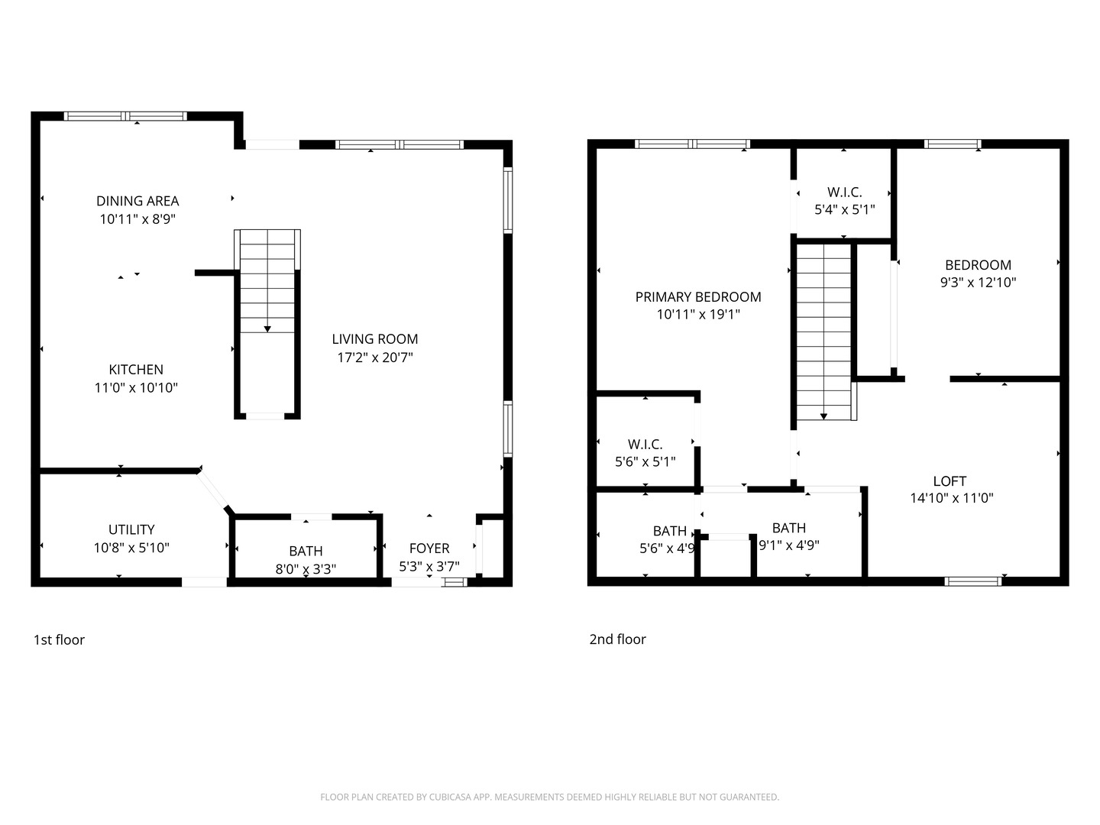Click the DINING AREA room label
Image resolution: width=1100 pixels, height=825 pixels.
click(x=137, y=201)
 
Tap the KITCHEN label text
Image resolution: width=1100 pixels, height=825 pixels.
click(x=136, y=370)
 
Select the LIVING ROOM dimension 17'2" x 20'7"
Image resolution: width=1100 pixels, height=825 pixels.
click(x=375, y=357)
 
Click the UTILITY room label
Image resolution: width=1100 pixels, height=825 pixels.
click(x=131, y=529)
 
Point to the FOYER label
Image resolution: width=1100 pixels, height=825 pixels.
click(x=429, y=548)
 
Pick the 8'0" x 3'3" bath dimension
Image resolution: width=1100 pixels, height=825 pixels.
click(x=306, y=568)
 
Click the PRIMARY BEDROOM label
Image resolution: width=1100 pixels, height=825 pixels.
click(x=698, y=297)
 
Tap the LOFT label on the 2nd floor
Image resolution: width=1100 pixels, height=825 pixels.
click(x=950, y=481)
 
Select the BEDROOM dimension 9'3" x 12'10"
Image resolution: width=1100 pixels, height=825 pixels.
click(x=978, y=282)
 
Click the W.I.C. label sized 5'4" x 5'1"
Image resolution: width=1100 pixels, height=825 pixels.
click(x=844, y=192)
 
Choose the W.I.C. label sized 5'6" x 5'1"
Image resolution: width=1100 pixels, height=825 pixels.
click(x=645, y=445)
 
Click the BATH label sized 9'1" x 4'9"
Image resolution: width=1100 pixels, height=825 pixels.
click(x=788, y=528)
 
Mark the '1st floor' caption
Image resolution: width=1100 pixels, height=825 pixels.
click(x=59, y=640)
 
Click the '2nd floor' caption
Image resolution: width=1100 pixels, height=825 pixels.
click(x=617, y=639)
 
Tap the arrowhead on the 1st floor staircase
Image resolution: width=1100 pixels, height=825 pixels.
click(x=267, y=328)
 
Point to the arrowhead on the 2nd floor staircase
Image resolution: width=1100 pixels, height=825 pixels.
click(x=823, y=416)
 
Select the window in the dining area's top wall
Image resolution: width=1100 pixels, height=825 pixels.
click(x=125, y=116)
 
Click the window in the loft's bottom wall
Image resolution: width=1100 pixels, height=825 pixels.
click(x=972, y=581)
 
